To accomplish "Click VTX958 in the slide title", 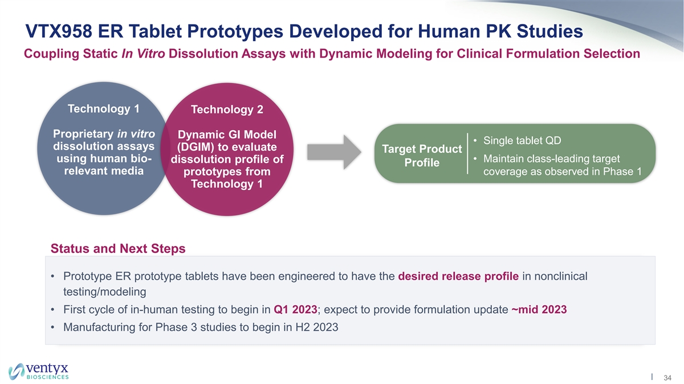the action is (59, 31).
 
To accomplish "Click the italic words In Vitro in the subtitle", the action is (143, 54).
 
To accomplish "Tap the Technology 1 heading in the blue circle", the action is (104, 109).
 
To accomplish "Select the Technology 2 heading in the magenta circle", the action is (227, 110).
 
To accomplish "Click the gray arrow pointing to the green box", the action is (334, 152).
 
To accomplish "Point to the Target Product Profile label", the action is (422, 156).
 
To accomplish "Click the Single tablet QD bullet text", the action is (522, 140).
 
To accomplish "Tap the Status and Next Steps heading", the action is (118, 249).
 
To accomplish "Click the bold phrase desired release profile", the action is (458, 276).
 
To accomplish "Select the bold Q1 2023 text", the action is (295, 309).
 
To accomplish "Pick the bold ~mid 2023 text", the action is (539, 309).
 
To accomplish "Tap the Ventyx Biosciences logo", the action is (38, 371).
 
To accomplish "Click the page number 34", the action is (667, 378).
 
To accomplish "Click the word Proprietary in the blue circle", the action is (83, 134).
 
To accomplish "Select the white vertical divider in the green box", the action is (467, 153).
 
